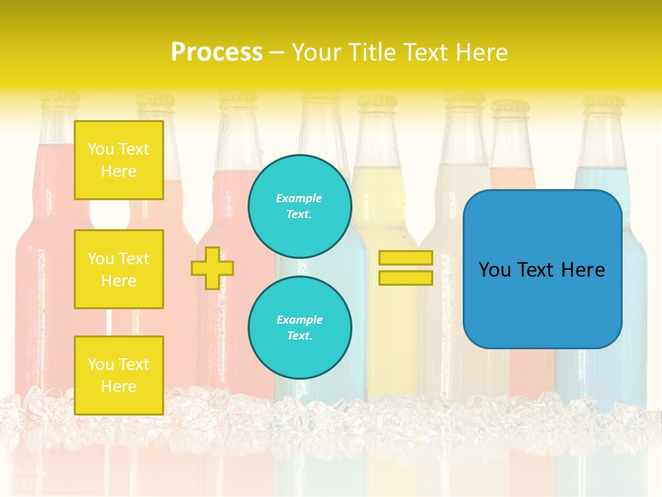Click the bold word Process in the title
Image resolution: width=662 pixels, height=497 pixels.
point(217,52)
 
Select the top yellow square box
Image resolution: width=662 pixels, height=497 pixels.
point(119,160)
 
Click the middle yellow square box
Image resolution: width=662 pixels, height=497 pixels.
point(119,269)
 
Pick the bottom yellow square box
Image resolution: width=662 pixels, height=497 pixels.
point(119,375)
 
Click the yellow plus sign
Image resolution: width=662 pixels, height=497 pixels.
point(212,268)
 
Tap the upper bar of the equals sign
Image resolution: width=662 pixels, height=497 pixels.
point(405,257)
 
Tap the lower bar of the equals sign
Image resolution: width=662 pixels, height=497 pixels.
point(405,277)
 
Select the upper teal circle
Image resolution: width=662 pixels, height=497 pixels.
point(300,206)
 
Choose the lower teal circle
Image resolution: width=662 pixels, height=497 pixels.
point(300,328)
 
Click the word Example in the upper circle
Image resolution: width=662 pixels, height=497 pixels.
point(299,198)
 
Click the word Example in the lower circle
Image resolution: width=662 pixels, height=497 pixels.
point(299,320)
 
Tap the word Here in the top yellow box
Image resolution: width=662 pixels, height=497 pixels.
point(119,171)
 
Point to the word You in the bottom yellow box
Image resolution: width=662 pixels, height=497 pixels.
point(101,364)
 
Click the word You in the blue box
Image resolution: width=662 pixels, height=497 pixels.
point(494,270)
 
